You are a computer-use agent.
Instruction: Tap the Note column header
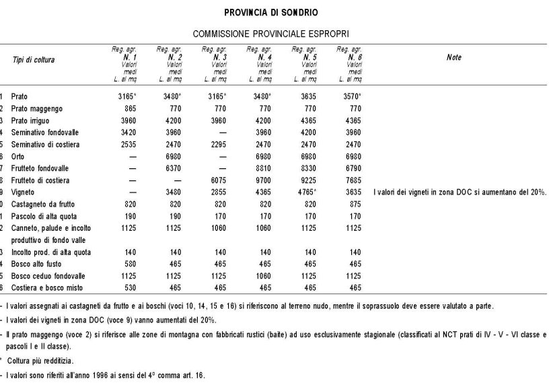pos(454,58)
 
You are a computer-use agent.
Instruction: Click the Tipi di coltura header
pos(34,60)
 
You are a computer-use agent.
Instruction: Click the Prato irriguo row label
pos(32,120)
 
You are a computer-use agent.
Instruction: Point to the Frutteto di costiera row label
pos(40,180)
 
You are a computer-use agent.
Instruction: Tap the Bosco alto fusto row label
pos(36,264)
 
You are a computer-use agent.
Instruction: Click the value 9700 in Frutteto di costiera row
pos(261,180)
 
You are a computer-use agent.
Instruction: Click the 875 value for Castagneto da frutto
pos(354,204)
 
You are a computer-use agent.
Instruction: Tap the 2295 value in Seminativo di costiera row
pos(216,144)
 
